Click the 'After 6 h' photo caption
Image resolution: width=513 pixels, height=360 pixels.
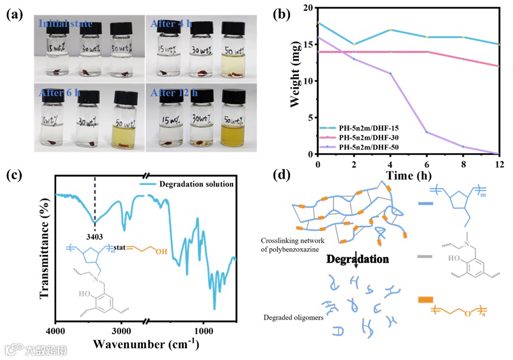coord(59,93)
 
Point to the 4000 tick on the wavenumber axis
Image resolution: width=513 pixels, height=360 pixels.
coord(56,329)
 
